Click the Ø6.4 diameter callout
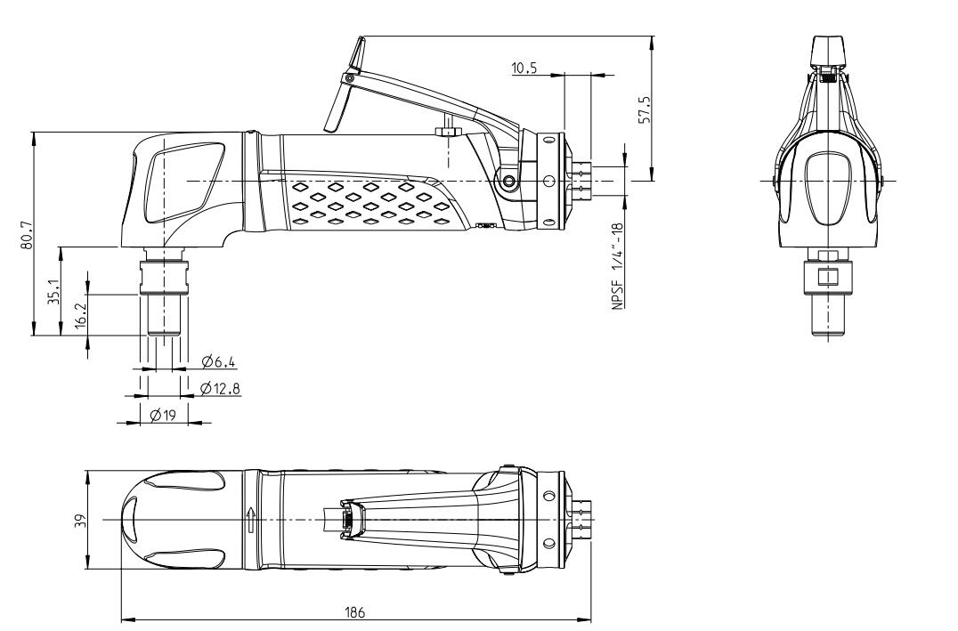pyautogui.click(x=218, y=360)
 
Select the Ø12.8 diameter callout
pyautogui.click(x=221, y=388)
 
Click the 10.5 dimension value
pyautogui.click(x=524, y=68)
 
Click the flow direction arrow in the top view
pyautogui.click(x=252, y=519)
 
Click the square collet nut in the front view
pyautogui.click(x=828, y=275)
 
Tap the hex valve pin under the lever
pyautogui.click(x=447, y=131)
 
